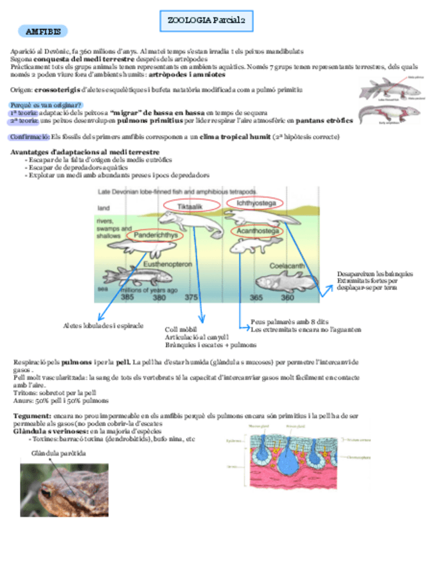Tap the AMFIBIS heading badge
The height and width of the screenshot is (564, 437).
[43, 31]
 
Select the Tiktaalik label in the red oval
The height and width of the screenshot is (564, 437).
[189, 207]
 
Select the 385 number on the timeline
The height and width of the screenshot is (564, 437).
[127, 297]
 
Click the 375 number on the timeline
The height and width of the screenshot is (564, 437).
[191, 297]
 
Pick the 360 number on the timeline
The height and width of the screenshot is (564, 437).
[288, 297]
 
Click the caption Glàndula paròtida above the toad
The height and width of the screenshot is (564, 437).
[59, 453]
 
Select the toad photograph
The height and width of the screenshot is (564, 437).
[64, 490]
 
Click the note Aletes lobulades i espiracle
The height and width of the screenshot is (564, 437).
[103, 325]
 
